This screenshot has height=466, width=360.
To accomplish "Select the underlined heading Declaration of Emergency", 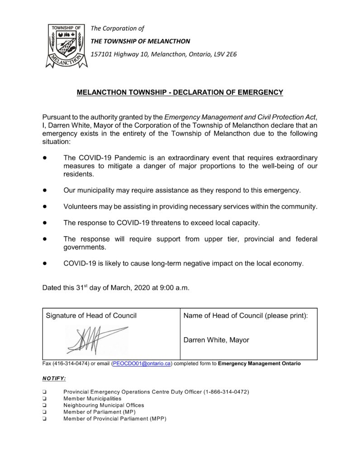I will point(180,92).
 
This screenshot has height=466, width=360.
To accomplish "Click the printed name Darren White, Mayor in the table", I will point(216,340).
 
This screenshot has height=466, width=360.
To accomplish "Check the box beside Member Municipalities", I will point(45,399).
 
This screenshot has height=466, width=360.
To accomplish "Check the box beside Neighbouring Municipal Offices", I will point(45,405).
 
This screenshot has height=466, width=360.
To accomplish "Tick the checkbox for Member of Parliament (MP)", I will point(45,412).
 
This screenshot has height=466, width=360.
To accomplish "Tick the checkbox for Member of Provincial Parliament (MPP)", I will point(45,419).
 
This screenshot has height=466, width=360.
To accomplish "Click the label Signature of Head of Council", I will point(91,315).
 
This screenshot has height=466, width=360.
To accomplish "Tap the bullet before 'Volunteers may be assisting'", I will point(45,207).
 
